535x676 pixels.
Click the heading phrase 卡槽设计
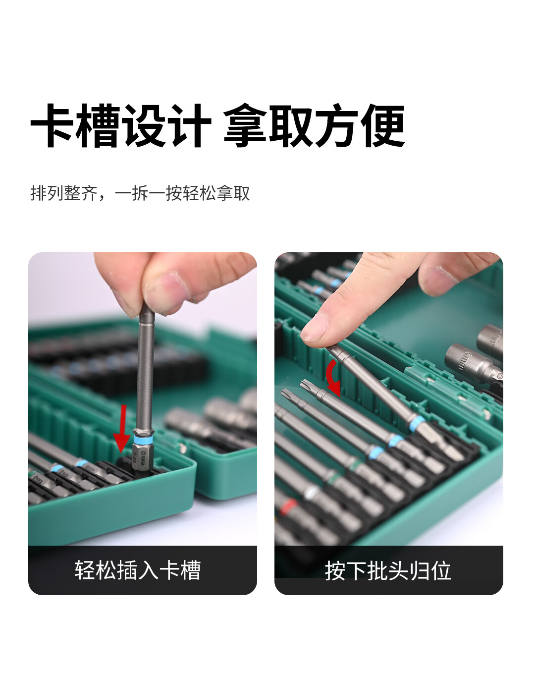pos(121,126)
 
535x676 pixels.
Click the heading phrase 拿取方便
pos(314,126)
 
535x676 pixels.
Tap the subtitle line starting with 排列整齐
pos(140,193)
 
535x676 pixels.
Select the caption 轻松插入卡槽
pos(138,570)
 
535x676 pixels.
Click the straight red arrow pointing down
pos(122,429)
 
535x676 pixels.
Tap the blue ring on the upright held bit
pos(143,438)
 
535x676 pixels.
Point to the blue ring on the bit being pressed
pos(417,424)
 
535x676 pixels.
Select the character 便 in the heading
pos(383,126)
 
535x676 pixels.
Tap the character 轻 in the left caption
pos(85,570)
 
